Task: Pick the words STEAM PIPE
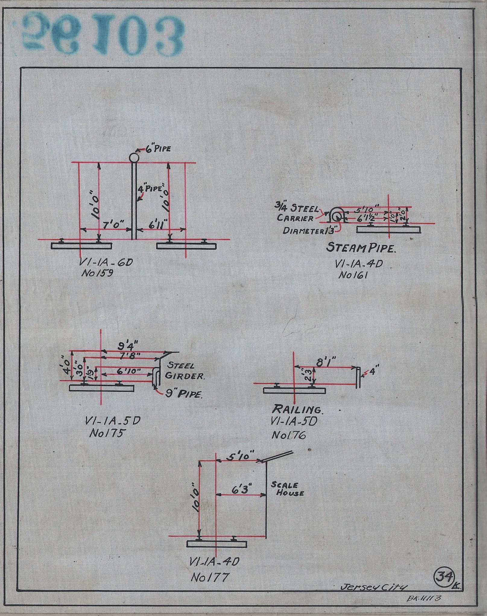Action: (361, 249)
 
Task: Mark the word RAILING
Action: (297, 409)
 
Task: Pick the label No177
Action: (210, 578)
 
